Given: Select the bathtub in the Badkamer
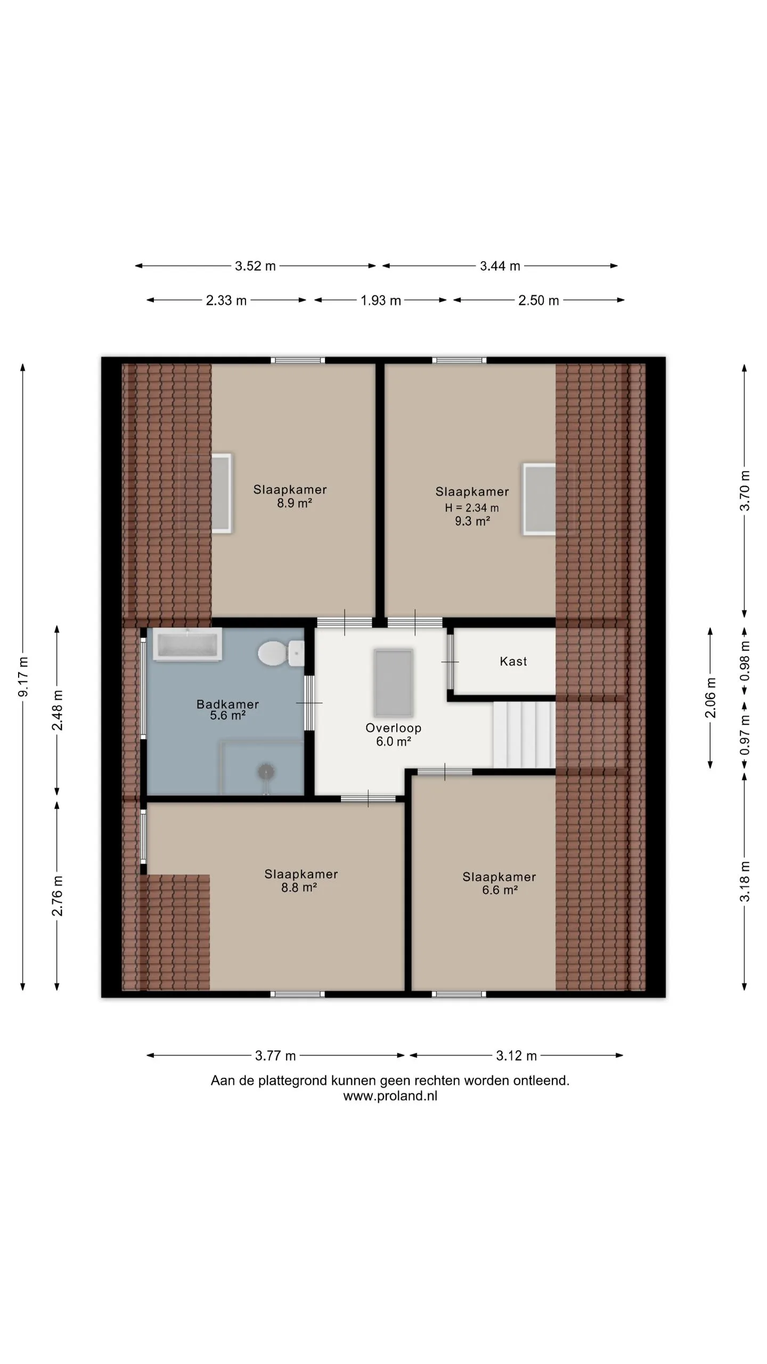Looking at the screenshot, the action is [x=187, y=644].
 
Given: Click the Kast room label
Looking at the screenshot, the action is [x=513, y=661].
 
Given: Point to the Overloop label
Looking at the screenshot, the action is [x=394, y=728].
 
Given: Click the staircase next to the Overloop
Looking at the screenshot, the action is [x=524, y=735].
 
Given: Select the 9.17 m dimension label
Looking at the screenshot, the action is [x=23, y=677].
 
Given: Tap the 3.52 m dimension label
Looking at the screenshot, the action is [x=256, y=266].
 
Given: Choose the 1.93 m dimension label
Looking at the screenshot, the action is [x=380, y=301].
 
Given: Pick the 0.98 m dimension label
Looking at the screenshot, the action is [x=745, y=660].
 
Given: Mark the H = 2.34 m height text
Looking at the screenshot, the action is [x=472, y=508].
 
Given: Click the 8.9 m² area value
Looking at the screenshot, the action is [x=294, y=503].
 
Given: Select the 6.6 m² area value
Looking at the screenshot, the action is [x=500, y=890].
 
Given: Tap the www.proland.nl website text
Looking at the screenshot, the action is [x=390, y=1096].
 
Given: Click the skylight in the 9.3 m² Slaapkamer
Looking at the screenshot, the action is [x=539, y=499].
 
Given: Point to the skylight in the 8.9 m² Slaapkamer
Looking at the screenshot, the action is [x=222, y=493].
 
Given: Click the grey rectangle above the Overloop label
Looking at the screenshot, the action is [x=394, y=683].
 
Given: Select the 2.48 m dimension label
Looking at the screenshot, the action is [x=58, y=710].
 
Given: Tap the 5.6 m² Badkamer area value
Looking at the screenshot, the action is [x=227, y=716].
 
